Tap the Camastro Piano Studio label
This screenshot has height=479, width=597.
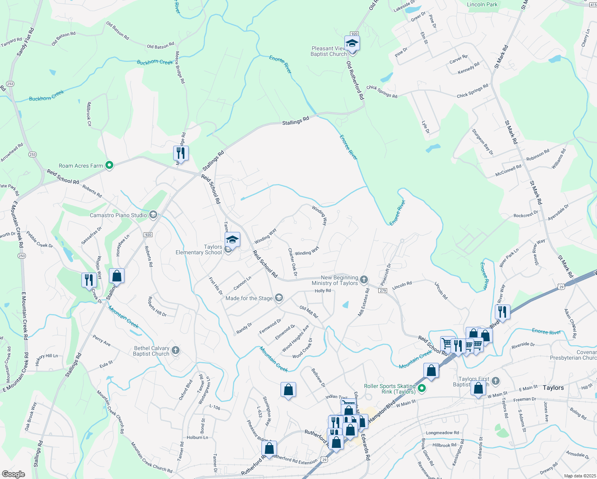pos(118,215)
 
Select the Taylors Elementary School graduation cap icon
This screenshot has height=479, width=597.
pos(232,240)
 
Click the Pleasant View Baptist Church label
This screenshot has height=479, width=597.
pos(328,51)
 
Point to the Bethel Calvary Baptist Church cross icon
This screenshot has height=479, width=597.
pos(176,350)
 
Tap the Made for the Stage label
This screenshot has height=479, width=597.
pos(249,298)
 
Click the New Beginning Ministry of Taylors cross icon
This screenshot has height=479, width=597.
pos(364,279)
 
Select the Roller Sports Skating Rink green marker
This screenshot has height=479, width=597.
pos(422,388)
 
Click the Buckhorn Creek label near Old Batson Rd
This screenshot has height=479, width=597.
pos(155,62)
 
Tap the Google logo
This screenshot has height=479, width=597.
pos(13,474)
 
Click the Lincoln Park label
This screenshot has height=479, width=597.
pos(482,4)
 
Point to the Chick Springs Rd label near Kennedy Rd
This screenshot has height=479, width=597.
pos(472,91)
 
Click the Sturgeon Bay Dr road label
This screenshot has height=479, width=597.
pos(482,142)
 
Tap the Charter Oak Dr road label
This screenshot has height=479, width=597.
pos(293,262)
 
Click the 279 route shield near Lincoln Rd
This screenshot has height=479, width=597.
pos(383,291)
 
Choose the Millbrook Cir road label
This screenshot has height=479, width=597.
pos(89,114)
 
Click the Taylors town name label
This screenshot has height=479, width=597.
pos(553,388)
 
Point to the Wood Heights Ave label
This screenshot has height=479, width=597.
pos(295,338)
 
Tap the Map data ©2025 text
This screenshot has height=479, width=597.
pos(580,476)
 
